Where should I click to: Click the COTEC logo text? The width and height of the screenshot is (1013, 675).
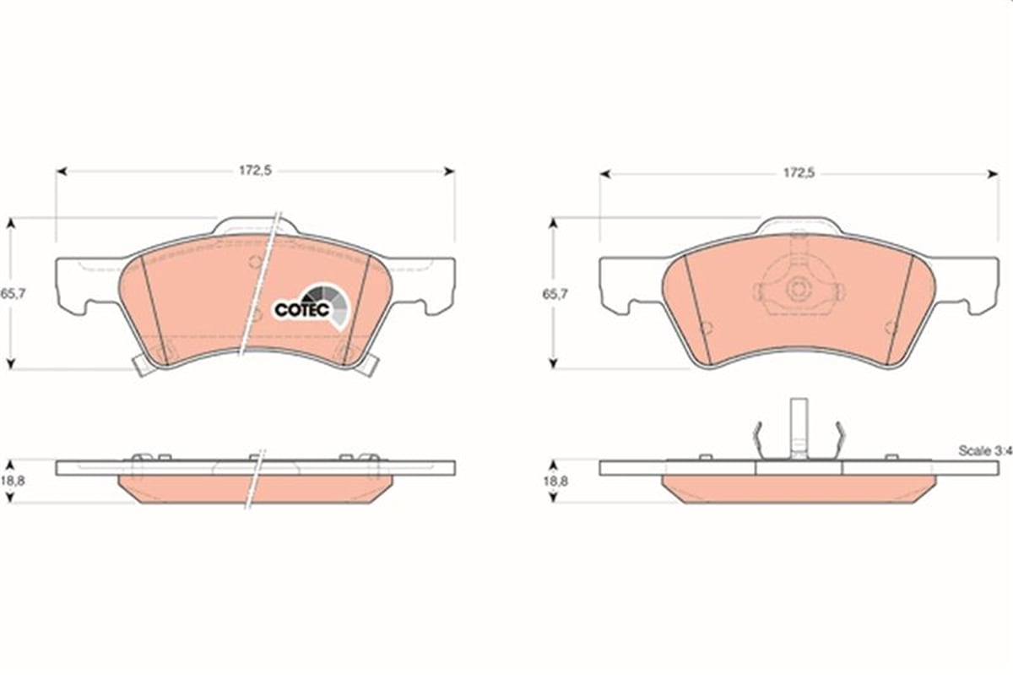(x=301, y=310)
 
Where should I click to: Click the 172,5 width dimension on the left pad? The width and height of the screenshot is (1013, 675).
(x=256, y=171)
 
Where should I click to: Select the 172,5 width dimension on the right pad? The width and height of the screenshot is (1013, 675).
(x=799, y=173)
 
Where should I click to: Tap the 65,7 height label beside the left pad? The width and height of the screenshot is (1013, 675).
(x=14, y=293)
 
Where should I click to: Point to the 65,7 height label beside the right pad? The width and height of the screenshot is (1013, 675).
(x=555, y=294)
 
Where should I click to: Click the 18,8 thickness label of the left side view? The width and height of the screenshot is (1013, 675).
(x=13, y=481)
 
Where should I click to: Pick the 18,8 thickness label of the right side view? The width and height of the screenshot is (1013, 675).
(x=555, y=482)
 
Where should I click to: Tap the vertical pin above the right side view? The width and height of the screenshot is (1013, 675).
(x=799, y=427)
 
